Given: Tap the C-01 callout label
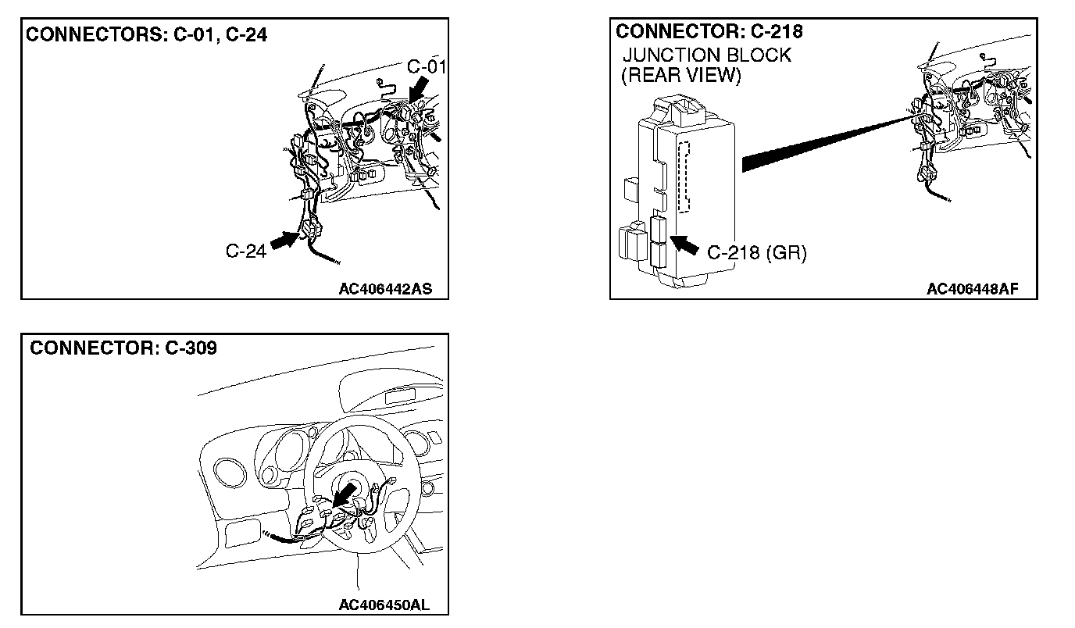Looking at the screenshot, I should [x=427, y=66].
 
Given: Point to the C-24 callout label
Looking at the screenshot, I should [x=245, y=250].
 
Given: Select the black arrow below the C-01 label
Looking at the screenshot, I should [x=417, y=87].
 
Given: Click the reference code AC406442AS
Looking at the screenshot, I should [x=385, y=289].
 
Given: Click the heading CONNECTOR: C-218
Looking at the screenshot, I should [x=709, y=32].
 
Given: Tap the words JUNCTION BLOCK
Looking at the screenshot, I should [x=706, y=55].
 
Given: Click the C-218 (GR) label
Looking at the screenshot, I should [x=756, y=253].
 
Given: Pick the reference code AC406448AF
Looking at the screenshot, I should [x=972, y=289].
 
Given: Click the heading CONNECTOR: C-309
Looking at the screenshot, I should [x=123, y=348].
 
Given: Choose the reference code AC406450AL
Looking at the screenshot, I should [x=384, y=605].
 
